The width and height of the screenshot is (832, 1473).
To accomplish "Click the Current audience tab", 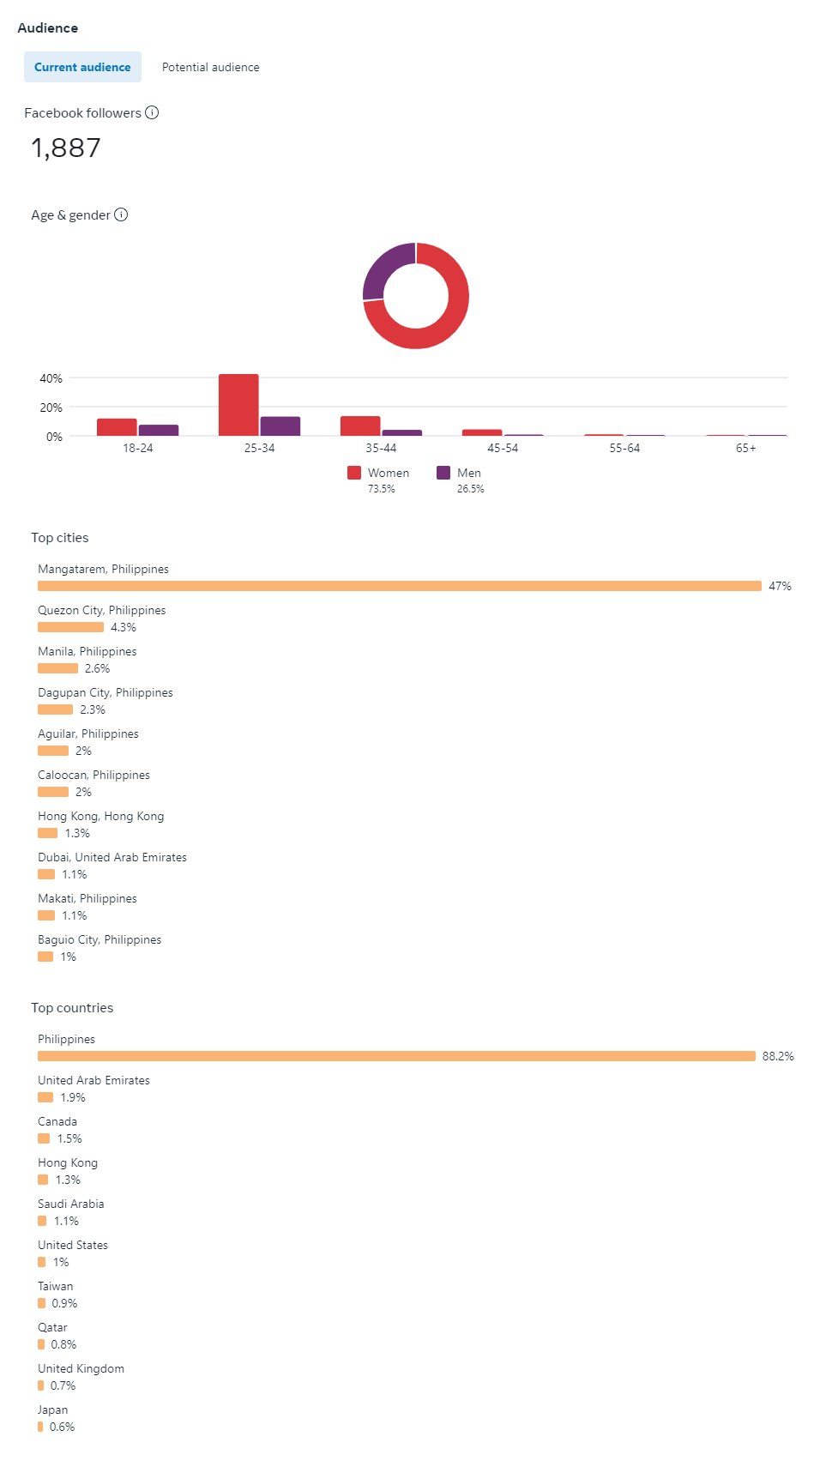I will (x=82, y=67).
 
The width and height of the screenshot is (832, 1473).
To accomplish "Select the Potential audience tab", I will (x=210, y=67).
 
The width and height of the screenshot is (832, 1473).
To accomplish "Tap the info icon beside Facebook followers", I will (x=152, y=112).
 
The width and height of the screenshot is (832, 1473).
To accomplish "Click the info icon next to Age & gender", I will (x=121, y=214).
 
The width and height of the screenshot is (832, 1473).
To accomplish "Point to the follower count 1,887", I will (x=66, y=148).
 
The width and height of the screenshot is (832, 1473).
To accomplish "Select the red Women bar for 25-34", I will (x=238, y=405).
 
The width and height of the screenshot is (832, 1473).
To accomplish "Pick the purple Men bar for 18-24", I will (x=159, y=430).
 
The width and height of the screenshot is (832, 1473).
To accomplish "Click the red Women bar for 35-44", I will (x=360, y=426).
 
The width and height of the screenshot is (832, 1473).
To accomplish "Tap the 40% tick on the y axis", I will (x=51, y=378).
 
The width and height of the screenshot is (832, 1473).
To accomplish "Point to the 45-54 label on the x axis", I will (x=503, y=448).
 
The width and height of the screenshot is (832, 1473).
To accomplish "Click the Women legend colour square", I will (x=354, y=473).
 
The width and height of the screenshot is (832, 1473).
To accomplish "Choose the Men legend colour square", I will (x=443, y=473).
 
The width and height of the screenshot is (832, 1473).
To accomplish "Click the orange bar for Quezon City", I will (x=70, y=627).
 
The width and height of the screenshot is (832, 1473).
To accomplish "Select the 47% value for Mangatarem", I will (x=780, y=586).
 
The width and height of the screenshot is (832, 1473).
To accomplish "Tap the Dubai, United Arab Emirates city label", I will (x=112, y=857).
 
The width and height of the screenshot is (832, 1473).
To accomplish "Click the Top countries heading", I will (x=72, y=1008).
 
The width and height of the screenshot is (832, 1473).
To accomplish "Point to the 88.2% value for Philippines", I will (x=778, y=1056).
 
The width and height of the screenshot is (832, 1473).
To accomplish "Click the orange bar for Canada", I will (x=44, y=1138).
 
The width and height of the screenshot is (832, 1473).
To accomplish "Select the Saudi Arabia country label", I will (x=71, y=1204).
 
